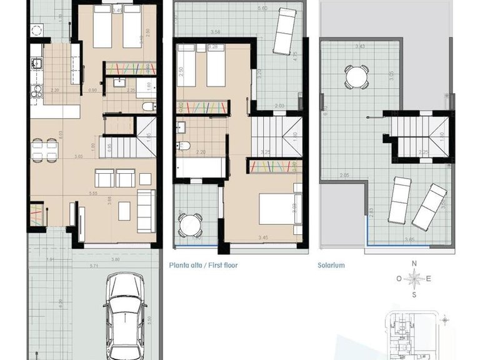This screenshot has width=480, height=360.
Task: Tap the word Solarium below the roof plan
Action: pos(331,265)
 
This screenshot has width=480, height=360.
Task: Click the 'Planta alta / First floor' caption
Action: pos(203,265)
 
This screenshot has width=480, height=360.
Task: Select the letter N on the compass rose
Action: pos(413,265)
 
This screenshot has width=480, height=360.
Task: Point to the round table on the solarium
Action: pos(356,77)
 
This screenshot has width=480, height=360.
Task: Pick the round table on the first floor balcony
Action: pos(189,224)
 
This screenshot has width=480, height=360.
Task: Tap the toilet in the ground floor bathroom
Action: pos(149,106)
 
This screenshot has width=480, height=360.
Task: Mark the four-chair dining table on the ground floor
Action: pos(44,149)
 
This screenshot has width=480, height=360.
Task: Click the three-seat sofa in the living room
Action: pos(146,211)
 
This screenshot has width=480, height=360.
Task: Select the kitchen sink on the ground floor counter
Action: pos(35,63)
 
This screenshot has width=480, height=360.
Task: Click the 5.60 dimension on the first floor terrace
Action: pos(245,8)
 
